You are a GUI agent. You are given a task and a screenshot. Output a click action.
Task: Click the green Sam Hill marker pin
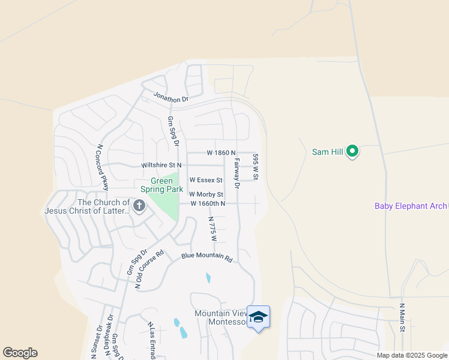click(353, 152)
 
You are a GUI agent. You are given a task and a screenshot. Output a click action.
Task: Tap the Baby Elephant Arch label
click(411, 206)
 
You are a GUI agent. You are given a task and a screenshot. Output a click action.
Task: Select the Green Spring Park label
click(161, 185)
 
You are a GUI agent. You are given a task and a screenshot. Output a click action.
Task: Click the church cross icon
click(139, 207)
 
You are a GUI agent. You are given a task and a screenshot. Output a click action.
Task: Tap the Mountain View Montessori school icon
click(258, 317)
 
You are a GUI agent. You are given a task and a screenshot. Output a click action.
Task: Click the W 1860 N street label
click(221, 154)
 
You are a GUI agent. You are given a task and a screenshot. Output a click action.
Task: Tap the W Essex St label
click(206, 180)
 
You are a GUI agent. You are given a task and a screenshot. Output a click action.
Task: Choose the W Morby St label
click(206, 194)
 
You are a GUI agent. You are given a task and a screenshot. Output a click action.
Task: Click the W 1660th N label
click(208, 204)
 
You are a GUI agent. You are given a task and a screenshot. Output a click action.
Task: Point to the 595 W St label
click(256, 166)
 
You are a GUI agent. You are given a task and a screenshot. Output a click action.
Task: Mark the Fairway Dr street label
click(237, 174)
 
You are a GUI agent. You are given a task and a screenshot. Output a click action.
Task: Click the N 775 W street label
click(212, 230)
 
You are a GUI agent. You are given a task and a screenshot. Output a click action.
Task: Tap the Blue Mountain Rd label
click(206, 257)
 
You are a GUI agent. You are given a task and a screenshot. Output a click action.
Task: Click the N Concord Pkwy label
click(102, 166)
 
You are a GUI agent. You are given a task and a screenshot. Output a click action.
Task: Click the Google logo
click(20, 353)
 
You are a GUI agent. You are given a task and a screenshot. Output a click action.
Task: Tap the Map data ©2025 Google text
click(412, 355)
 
